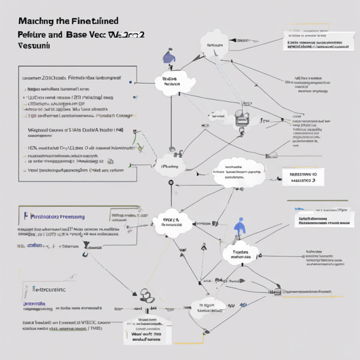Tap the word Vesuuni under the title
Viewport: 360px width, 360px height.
pos(30,44)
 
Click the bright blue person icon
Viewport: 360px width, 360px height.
pos(241,226)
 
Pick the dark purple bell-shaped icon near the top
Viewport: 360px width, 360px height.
pos(167,56)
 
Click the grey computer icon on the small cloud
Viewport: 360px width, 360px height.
pos(245,120)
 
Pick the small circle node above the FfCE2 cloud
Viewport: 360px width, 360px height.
pos(169,184)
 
